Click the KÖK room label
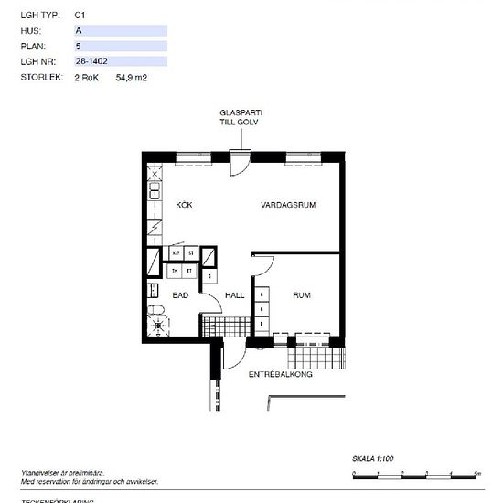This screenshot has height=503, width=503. (x=184, y=205)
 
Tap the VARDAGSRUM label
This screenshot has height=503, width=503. (x=288, y=205)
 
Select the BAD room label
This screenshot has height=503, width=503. (x=180, y=295)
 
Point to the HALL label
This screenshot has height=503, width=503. (x=235, y=295)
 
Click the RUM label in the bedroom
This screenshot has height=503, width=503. (x=301, y=295)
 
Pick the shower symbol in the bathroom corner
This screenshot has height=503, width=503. (x=159, y=323)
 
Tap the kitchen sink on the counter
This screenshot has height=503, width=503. (x=154, y=191)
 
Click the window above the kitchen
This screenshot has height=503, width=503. (x=193, y=156)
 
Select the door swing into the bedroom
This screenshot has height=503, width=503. (x=262, y=264)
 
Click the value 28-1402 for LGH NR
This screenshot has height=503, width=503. (x=90, y=61)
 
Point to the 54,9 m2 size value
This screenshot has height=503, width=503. (x=131, y=78)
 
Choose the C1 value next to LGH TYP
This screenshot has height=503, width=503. (x=80, y=15)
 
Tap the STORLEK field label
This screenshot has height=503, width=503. (x=39, y=78)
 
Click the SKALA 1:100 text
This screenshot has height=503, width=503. (x=372, y=458)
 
